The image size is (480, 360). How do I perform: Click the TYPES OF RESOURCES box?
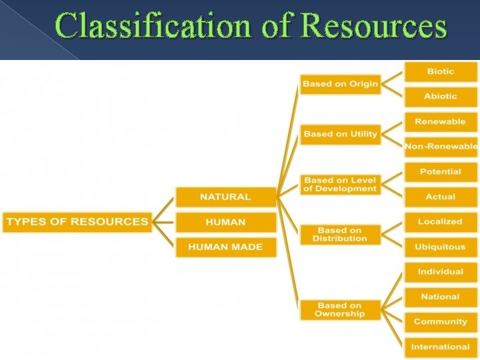77,222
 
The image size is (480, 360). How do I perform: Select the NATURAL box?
225,197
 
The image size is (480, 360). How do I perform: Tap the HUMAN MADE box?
225,247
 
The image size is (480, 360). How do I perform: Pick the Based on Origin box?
340,84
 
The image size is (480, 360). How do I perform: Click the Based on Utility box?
340,134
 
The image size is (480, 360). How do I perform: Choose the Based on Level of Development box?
340,184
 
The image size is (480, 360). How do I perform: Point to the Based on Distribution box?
340,234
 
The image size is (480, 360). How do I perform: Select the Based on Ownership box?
340,309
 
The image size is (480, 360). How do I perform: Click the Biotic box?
441,71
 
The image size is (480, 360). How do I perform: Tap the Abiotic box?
441,97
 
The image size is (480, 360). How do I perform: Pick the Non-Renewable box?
441,147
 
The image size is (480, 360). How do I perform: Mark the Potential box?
441,171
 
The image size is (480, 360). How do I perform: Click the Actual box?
441,197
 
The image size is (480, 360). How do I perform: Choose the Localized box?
441,221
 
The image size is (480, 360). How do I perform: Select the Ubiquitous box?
441,247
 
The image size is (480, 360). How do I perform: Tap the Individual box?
441,271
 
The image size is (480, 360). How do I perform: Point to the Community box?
441,321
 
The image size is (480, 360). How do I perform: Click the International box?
441,347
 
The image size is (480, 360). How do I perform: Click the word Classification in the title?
154,27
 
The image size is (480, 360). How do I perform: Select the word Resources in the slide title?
374,27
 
